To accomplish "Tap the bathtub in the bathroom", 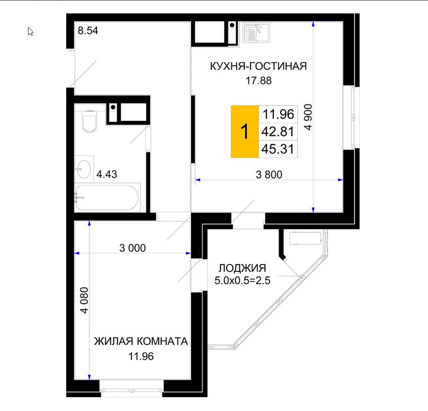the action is coord(107,197).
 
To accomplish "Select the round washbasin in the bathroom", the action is coord(83,169).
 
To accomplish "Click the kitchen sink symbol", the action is coord(256,33).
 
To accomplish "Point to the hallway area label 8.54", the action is coord(88,31).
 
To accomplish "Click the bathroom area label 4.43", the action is coord(107,174).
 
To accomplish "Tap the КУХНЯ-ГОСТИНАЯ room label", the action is coord(258,66).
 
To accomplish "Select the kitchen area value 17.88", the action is coord(259,81).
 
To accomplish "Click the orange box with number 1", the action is coord(245,131).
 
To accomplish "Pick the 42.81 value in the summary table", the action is coord(278,131).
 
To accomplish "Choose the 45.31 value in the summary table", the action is coord(278,149).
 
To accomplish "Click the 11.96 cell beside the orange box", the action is coord(278,114).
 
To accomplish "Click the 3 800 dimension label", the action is coord(269,175).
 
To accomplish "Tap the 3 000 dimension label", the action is coord(132,248).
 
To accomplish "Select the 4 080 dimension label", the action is coord(84,300).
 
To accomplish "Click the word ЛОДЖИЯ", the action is coord(242,268).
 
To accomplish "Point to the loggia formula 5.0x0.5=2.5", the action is coord(242,281).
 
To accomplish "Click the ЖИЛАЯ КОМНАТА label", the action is coord(141,341).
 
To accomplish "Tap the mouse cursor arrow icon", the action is coord(30,31).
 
